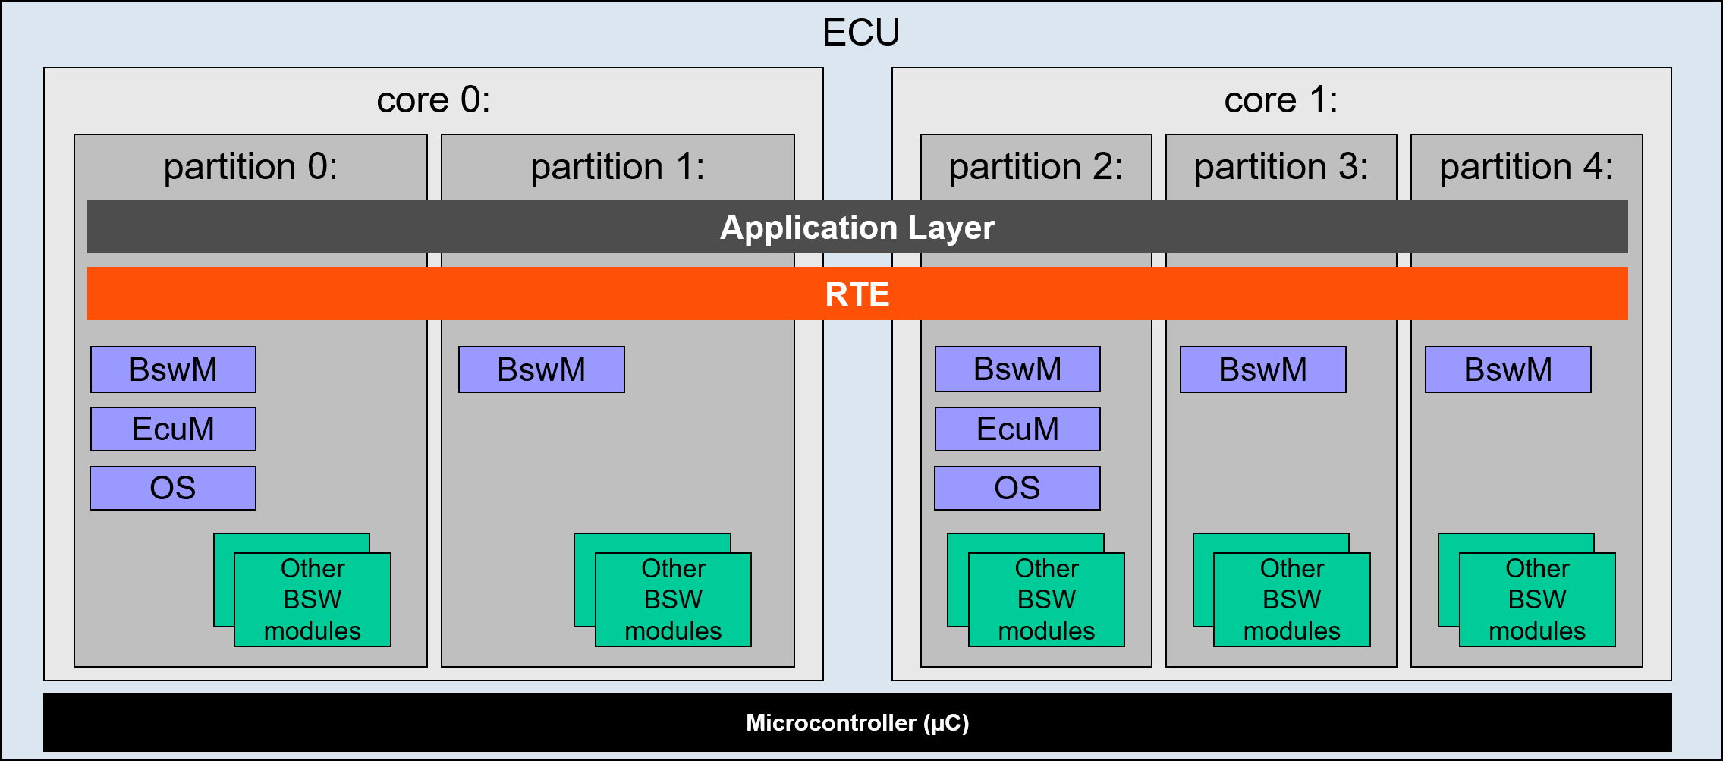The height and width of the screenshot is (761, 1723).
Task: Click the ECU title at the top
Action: coord(861,33)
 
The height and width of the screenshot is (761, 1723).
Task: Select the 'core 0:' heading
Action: coord(433,100)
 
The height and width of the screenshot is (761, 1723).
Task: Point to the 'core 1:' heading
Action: coord(1281,100)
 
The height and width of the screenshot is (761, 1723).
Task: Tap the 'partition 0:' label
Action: coord(250,167)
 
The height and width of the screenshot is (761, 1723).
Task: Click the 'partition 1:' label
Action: coord(618,167)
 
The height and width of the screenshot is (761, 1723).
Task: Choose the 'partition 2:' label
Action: coord(1036,167)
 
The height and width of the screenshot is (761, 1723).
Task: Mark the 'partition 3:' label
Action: coord(1281,167)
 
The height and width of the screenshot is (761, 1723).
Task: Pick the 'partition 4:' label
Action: coord(1526,167)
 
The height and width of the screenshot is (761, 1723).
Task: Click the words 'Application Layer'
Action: coord(857,228)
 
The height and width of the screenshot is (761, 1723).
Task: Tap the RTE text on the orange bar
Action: coord(857,294)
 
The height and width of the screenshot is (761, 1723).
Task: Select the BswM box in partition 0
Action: coord(173,369)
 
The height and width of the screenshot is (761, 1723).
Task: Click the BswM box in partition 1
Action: coord(542,369)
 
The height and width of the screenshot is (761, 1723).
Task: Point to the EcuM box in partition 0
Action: coord(173,429)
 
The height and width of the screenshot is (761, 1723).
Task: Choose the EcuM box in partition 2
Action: coord(1017,429)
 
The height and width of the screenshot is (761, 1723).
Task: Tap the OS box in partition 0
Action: coord(173,488)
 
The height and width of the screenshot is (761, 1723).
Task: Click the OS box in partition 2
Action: coord(1017,488)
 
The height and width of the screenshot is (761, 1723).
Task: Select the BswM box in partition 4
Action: coord(1508,369)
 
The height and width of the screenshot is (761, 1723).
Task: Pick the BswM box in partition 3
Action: coord(1263,369)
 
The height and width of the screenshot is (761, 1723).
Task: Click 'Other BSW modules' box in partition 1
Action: coord(673,599)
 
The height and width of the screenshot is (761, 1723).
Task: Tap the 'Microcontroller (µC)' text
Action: coord(857,722)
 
